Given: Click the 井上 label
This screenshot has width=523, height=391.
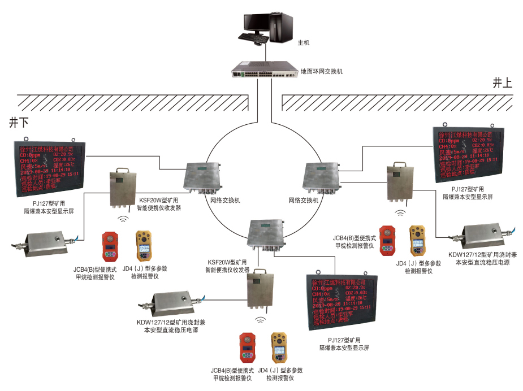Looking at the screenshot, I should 502,84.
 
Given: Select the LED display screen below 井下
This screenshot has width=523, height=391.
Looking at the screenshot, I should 50,165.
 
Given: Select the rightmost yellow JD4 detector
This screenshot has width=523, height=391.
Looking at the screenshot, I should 417,240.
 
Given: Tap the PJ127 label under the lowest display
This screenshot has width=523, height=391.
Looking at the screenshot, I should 344,344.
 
